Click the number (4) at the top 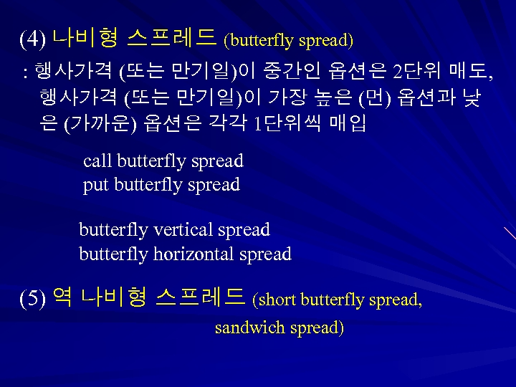coord(33,39)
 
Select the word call coord(97,161)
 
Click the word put coord(96,186)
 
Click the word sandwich coord(250,328)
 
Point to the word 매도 coord(469,72)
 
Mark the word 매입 coord(348,124)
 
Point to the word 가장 coord(290,98)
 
